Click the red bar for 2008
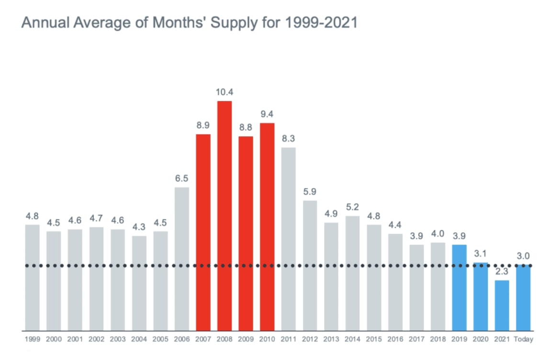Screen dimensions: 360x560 click(x=224, y=215)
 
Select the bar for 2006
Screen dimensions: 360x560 click(x=182, y=259)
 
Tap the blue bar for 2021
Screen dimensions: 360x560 click(x=502, y=305)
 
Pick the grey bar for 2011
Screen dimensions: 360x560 click(x=289, y=239)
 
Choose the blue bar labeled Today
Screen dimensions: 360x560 click(x=524, y=297)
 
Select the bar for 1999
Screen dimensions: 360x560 click(x=32, y=278)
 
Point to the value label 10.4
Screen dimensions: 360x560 click(x=224, y=92)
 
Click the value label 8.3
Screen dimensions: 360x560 click(x=289, y=138)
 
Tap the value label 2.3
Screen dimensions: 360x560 click(x=502, y=271)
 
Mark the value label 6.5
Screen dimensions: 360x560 click(x=182, y=179)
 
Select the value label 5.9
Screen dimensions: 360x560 click(x=310, y=192)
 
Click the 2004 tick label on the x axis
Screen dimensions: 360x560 click(x=139, y=339)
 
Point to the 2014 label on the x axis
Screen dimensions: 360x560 click(x=353, y=339)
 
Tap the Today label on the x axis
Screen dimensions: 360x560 click(x=524, y=339)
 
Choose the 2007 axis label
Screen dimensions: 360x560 click(x=203, y=339)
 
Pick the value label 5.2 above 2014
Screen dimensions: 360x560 click(x=353, y=207)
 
